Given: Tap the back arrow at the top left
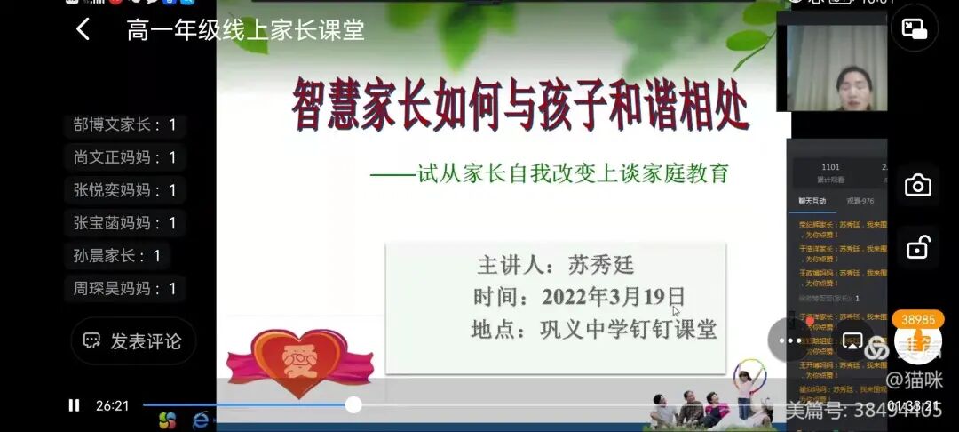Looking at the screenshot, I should [x=83, y=29].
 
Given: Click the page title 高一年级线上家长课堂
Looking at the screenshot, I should [x=246, y=29].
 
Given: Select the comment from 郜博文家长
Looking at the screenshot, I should [x=124, y=124].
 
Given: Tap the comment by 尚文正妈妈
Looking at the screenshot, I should [x=124, y=157].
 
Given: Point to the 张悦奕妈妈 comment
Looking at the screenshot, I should [x=124, y=190].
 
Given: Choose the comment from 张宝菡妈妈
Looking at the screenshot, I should [x=124, y=223].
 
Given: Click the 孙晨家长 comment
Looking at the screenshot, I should [x=117, y=256].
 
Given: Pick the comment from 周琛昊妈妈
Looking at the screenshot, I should [x=124, y=289].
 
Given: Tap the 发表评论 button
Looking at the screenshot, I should [x=133, y=341].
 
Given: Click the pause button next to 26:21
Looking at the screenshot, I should [x=74, y=405].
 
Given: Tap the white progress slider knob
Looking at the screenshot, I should [x=353, y=405].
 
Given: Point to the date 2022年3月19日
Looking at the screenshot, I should [x=613, y=296].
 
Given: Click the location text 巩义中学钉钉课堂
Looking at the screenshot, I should [x=628, y=330].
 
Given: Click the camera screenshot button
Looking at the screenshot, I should [x=917, y=186].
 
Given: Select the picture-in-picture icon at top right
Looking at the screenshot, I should [x=914, y=28].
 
